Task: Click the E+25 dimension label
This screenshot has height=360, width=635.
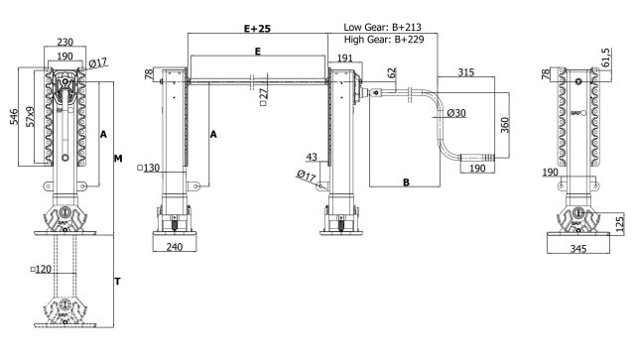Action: (x=257, y=29)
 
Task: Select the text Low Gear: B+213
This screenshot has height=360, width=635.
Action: (x=382, y=27)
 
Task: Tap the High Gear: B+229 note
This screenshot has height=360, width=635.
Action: (x=384, y=40)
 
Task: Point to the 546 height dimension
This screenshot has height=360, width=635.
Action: (x=14, y=117)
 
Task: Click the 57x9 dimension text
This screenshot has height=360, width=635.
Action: (x=30, y=117)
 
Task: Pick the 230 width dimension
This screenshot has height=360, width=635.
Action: (x=64, y=42)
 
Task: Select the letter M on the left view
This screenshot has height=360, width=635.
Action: (x=118, y=159)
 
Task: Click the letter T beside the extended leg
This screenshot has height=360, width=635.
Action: (x=117, y=281)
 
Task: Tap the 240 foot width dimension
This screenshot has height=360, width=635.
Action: (x=175, y=247)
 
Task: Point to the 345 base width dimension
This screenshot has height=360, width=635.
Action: (x=578, y=248)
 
